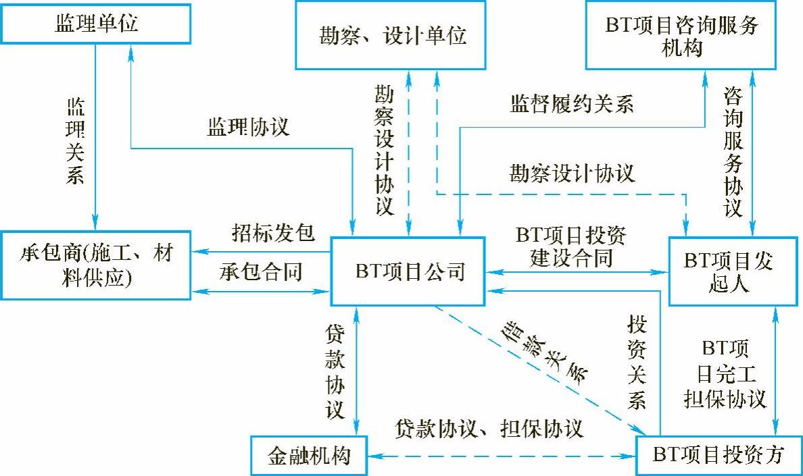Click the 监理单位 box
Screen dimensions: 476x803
pyautogui.click(x=95, y=25)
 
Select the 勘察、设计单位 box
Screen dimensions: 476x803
pyautogui.click(x=391, y=34)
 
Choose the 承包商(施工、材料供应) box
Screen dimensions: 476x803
pyautogui.click(x=95, y=265)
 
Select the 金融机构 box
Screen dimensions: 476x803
pyautogui.click(x=310, y=455)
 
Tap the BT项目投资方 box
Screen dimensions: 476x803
pyautogui.click(x=718, y=455)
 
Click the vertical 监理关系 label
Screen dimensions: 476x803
pyautogui.click(x=75, y=141)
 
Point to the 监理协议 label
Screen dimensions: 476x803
pyautogui.click(x=248, y=127)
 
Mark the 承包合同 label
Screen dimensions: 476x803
pyautogui.click(x=261, y=272)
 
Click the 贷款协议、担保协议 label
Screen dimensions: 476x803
pyautogui.click(x=489, y=428)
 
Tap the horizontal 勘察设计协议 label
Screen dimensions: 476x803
pyautogui.click(x=572, y=173)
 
